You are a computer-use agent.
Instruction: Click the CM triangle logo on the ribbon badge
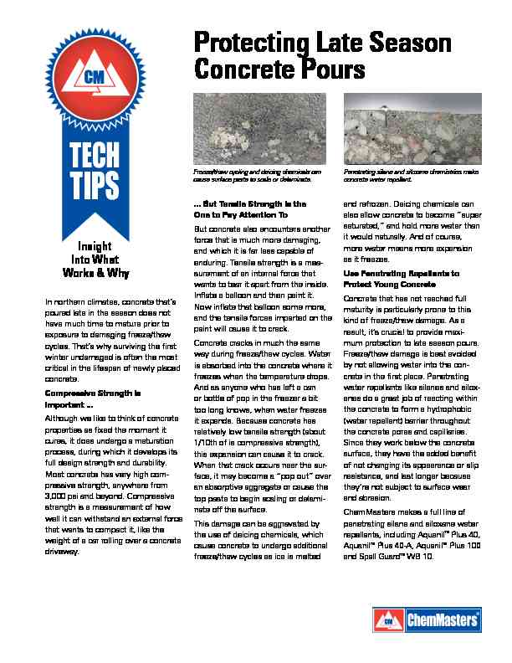pyautogui.click(x=93, y=76)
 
